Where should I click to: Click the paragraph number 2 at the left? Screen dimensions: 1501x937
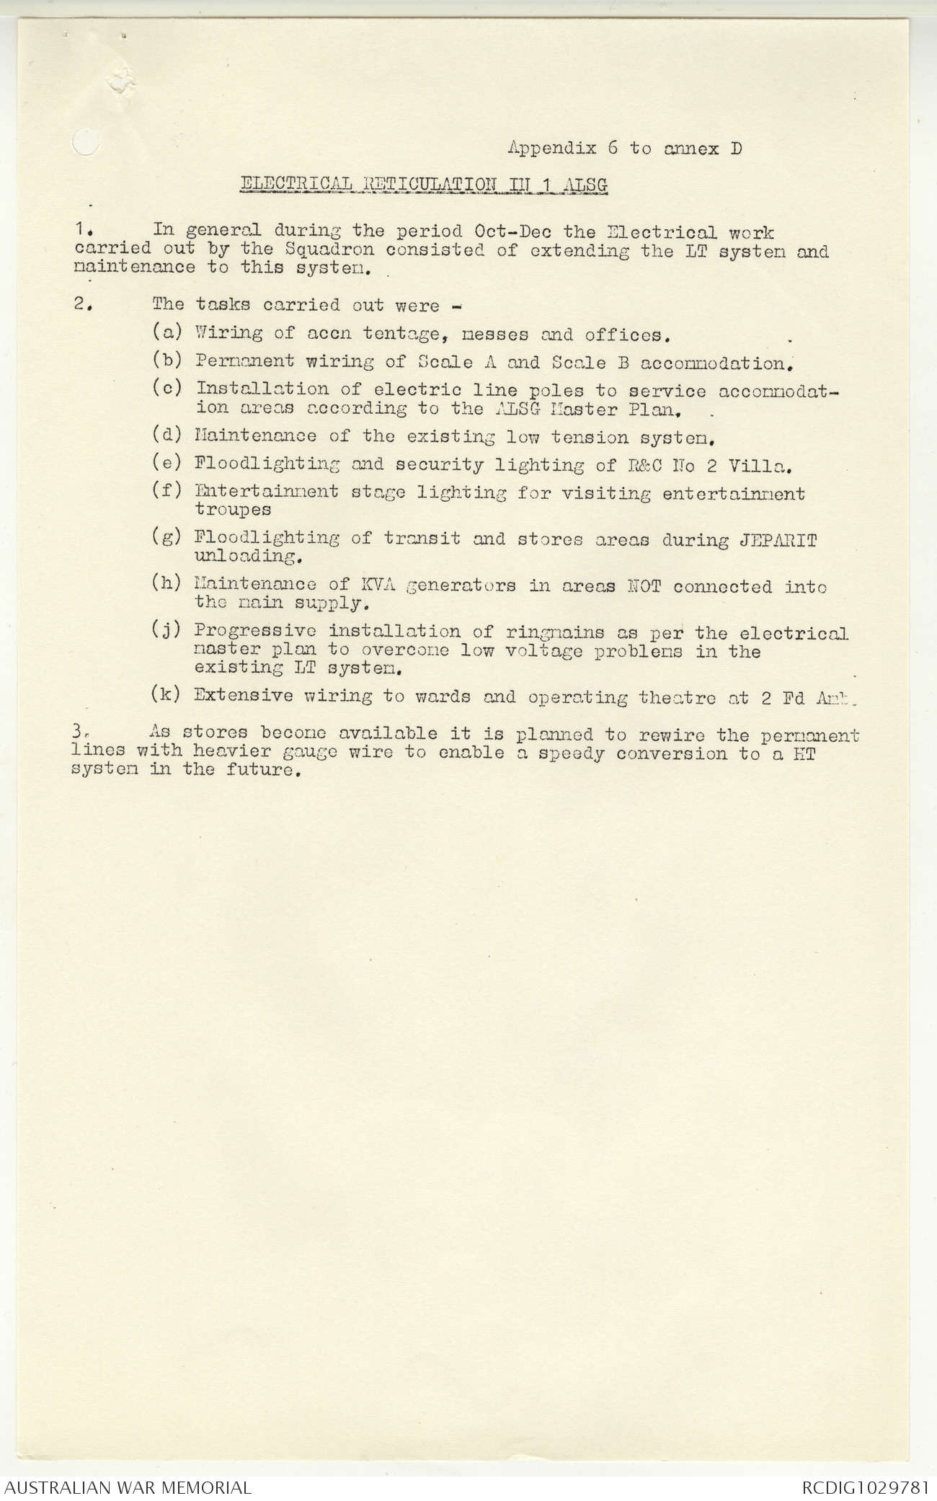[x=80, y=304]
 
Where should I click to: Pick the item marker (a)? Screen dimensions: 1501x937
[x=166, y=332]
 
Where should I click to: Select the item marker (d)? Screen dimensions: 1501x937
[x=166, y=435]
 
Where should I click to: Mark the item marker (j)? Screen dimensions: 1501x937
[x=166, y=630]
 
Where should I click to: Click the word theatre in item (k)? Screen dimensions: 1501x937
[x=676, y=697]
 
